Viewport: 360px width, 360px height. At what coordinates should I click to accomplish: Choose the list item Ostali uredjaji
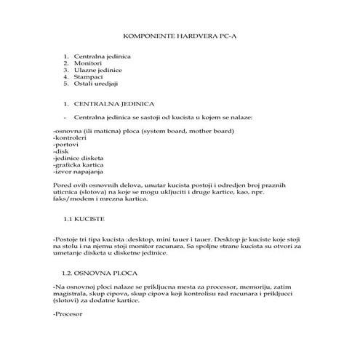(97, 84)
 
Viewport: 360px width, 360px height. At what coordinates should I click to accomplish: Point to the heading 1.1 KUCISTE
(84, 218)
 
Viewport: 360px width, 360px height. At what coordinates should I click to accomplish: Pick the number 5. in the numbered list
(66, 84)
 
